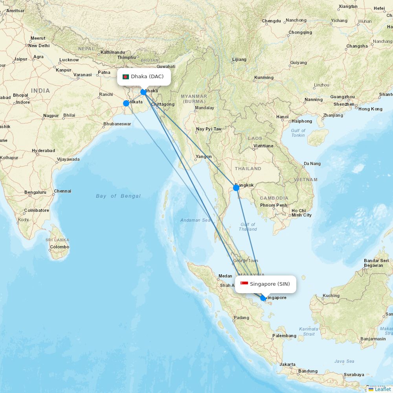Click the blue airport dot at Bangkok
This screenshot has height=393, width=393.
click(x=236, y=188)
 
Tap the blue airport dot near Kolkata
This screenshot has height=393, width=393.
click(x=126, y=103)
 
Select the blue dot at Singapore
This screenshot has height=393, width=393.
click(x=263, y=298)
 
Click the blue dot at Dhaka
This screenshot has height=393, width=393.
click(x=144, y=92)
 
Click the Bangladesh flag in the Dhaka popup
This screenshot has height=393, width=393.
click(x=126, y=77)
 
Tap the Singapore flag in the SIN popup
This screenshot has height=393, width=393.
click(x=244, y=284)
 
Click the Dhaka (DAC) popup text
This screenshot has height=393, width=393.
click(x=147, y=76)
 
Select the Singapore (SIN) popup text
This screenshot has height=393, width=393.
click(x=270, y=284)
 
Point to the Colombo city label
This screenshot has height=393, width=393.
click(x=59, y=247)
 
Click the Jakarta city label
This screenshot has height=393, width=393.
click(x=287, y=364)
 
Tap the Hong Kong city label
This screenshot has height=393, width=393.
click(x=370, y=109)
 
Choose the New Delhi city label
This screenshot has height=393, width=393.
click(x=39, y=46)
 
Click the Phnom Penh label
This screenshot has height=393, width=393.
click(x=274, y=205)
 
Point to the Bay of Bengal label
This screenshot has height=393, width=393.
click(x=118, y=196)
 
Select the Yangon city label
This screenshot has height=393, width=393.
click(x=204, y=156)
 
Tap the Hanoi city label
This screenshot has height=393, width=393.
click(x=282, y=117)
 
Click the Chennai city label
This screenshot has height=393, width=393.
click(x=62, y=191)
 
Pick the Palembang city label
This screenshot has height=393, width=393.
click(x=284, y=336)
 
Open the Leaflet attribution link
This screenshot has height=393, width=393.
click(x=382, y=389)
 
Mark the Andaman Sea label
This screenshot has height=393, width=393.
click(x=195, y=220)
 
